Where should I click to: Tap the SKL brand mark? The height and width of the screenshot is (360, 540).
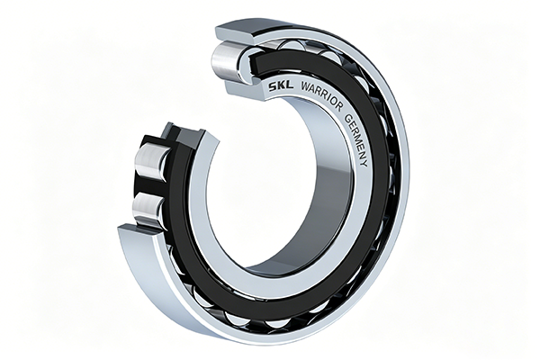click(281, 86)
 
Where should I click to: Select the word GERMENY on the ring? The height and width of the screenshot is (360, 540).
click(357, 140)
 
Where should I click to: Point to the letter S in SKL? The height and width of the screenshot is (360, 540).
click(273, 86)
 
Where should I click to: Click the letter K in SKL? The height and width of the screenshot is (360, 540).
click(281, 86)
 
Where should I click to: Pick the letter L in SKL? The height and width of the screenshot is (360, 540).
click(289, 85)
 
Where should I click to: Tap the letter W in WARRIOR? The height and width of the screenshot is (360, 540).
click(305, 86)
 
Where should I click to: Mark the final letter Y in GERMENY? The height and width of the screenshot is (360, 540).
click(364, 165)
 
